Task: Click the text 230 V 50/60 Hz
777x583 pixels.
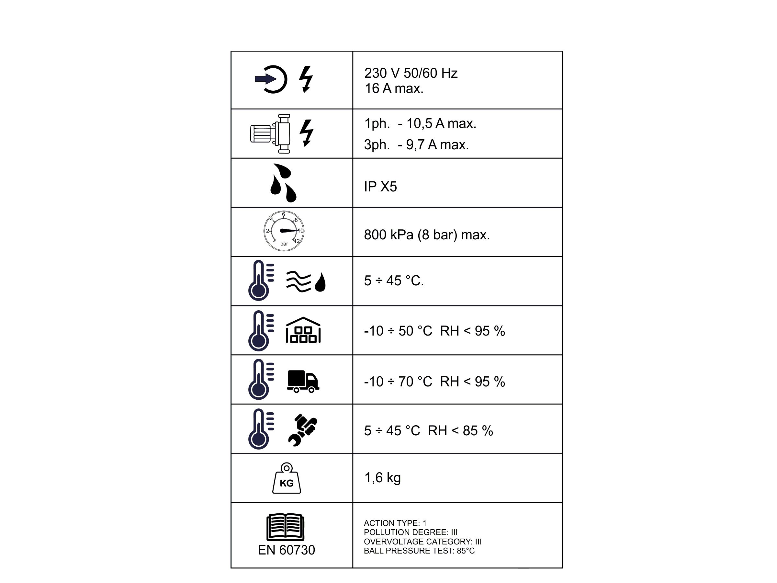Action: click(411, 73)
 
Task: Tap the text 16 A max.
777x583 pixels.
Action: click(394, 88)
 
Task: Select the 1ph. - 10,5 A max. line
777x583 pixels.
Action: click(420, 123)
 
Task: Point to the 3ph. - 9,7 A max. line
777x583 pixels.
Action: click(417, 144)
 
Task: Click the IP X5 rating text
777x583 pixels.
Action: click(380, 187)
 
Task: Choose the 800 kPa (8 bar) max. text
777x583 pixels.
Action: click(427, 235)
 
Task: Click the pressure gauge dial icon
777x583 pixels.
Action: click(284, 231)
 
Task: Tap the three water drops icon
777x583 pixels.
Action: click(284, 183)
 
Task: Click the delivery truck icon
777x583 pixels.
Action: click(303, 381)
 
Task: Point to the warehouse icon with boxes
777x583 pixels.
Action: click(303, 330)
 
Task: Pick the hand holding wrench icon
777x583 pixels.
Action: click(302, 430)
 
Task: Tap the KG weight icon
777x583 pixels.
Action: click(287, 478)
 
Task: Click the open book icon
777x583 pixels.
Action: click(285, 527)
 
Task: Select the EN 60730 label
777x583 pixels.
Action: click(286, 550)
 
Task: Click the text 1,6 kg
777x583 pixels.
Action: click(383, 478)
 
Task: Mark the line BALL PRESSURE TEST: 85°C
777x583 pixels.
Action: click(419, 551)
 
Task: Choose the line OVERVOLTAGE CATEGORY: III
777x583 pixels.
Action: click(422, 542)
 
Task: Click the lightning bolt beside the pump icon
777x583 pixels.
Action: click(306, 133)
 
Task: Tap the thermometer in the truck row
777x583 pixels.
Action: click(261, 379)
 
